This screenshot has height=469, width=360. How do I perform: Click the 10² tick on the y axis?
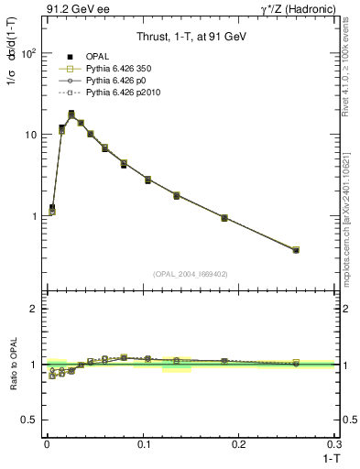[x=28, y=53]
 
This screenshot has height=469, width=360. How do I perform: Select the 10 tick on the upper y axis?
[x=30, y=135]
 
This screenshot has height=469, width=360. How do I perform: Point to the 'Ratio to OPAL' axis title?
[x=15, y=365]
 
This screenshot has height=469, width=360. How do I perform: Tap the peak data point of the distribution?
[x=71, y=115]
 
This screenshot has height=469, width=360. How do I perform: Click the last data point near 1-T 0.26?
[x=295, y=250]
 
